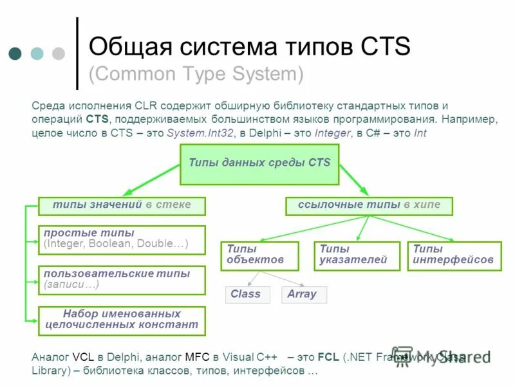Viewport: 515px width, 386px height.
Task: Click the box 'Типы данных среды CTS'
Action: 259,163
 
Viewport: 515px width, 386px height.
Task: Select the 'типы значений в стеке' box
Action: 122,206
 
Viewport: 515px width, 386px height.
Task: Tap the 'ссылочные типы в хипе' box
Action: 369,206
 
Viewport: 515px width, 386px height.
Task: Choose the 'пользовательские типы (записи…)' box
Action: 122,280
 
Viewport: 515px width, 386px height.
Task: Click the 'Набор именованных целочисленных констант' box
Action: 122,320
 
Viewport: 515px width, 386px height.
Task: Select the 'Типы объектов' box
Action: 259,255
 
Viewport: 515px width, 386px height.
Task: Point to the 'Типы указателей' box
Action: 353,255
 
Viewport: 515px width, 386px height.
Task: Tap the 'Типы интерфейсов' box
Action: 454,255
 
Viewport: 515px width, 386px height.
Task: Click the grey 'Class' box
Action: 245,295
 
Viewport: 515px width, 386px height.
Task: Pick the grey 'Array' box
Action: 304,295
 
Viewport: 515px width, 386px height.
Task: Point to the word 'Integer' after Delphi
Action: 332,133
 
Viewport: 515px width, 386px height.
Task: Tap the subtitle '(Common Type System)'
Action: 196,75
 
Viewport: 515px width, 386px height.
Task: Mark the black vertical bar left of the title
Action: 77,53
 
